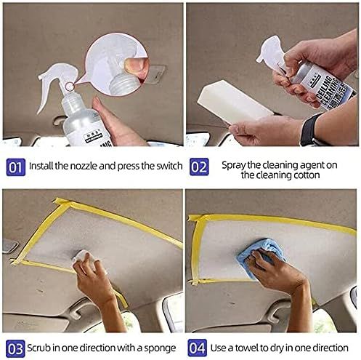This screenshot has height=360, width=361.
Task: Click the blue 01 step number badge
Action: [16, 167]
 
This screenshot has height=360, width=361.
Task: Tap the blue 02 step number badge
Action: [199, 167]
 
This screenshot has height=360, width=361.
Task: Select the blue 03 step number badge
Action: [15, 348]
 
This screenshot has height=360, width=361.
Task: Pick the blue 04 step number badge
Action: [198, 348]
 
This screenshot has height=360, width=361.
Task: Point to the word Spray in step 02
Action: [234, 166]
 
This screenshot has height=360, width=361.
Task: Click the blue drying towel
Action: [260, 255]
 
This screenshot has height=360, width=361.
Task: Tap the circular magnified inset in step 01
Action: [117, 64]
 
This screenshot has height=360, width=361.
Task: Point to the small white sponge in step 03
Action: [83, 259]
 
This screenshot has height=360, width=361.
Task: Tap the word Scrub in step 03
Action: [39, 348]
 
